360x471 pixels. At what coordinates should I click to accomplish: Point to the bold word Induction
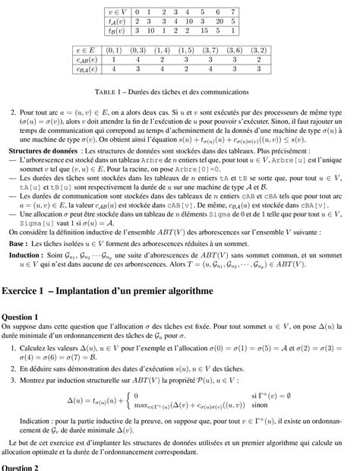click(x=27, y=257)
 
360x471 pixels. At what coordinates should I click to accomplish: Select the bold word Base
click(x=17, y=242)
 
